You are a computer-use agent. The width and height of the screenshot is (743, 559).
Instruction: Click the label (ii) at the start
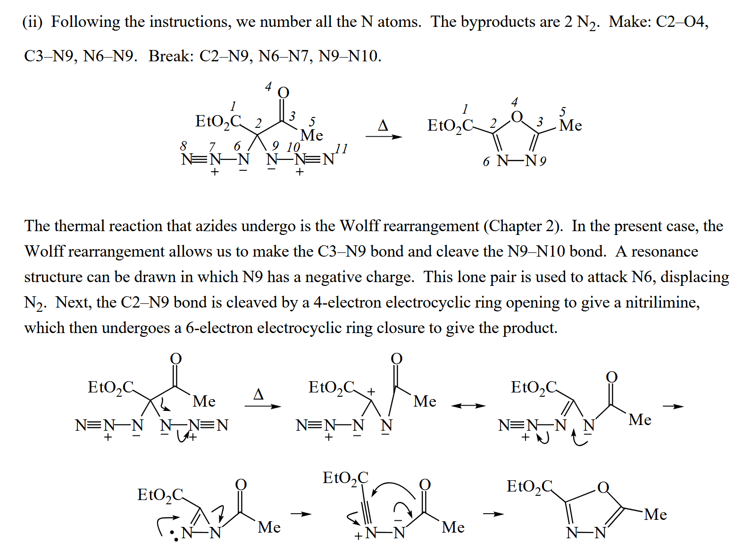coord(33,22)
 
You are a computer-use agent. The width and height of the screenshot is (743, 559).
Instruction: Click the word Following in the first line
coord(85,22)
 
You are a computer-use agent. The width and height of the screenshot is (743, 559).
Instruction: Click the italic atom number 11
coord(342,149)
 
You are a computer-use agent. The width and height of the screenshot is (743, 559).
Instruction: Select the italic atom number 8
coord(184,145)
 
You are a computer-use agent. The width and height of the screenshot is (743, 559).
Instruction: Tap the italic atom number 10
coord(293,147)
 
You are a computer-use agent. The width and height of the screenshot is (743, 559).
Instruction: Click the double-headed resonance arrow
coord(468,406)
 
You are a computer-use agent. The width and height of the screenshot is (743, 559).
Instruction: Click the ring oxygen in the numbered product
coord(517,117)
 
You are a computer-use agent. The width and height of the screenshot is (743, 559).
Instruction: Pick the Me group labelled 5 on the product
coord(570,125)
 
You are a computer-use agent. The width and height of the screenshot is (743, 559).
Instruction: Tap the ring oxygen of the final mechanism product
coord(603,487)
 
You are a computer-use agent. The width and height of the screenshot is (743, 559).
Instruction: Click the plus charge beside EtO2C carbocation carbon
coord(371,392)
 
